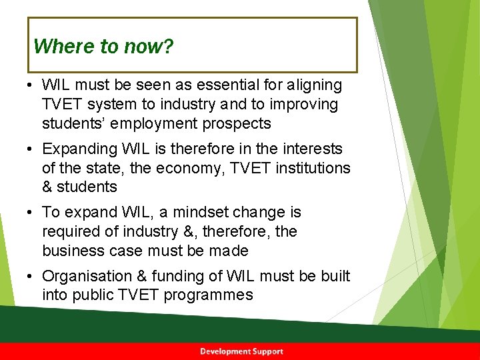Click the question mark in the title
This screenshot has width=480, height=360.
pyautogui.click(x=169, y=47)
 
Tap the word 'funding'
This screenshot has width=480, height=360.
pyautogui.click(x=182, y=277)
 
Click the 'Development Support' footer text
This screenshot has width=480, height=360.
pyautogui.click(x=241, y=351)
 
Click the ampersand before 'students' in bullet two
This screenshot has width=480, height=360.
pyautogui.click(x=47, y=187)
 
